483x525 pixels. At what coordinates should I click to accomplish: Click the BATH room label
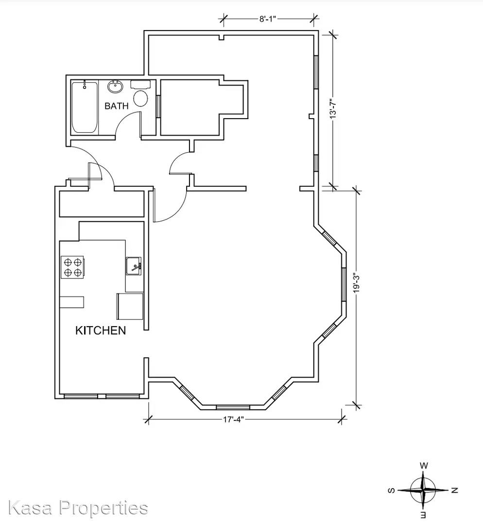click(x=117, y=106)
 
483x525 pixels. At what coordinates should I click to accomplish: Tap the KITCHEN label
click(x=101, y=331)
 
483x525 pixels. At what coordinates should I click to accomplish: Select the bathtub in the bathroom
click(x=85, y=107)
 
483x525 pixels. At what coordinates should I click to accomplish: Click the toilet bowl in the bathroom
click(x=140, y=98)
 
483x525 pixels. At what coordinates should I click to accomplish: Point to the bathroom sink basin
click(x=115, y=87)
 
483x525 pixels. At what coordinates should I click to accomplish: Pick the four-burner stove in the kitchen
click(x=72, y=267)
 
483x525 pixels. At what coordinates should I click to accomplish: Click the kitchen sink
click(x=134, y=266)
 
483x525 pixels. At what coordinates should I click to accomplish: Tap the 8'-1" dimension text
click(x=267, y=19)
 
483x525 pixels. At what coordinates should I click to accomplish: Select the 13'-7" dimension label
click(x=333, y=108)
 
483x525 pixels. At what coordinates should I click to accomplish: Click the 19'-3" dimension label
click(x=357, y=283)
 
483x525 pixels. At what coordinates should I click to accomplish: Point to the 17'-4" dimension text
click(x=233, y=419)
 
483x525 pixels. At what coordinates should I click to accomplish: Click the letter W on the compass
click(x=424, y=466)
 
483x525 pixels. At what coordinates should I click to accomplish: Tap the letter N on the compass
click(x=454, y=490)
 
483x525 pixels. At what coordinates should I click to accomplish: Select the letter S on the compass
click(x=391, y=490)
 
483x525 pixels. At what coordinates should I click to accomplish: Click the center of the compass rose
click(x=423, y=490)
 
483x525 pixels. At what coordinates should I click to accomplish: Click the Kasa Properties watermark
click(x=78, y=507)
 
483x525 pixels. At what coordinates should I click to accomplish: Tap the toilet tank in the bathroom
click(x=140, y=85)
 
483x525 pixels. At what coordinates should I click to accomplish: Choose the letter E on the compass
click(x=423, y=515)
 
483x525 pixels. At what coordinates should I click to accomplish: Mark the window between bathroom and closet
click(x=158, y=106)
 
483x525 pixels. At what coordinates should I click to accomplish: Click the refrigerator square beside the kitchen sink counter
click(x=130, y=306)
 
